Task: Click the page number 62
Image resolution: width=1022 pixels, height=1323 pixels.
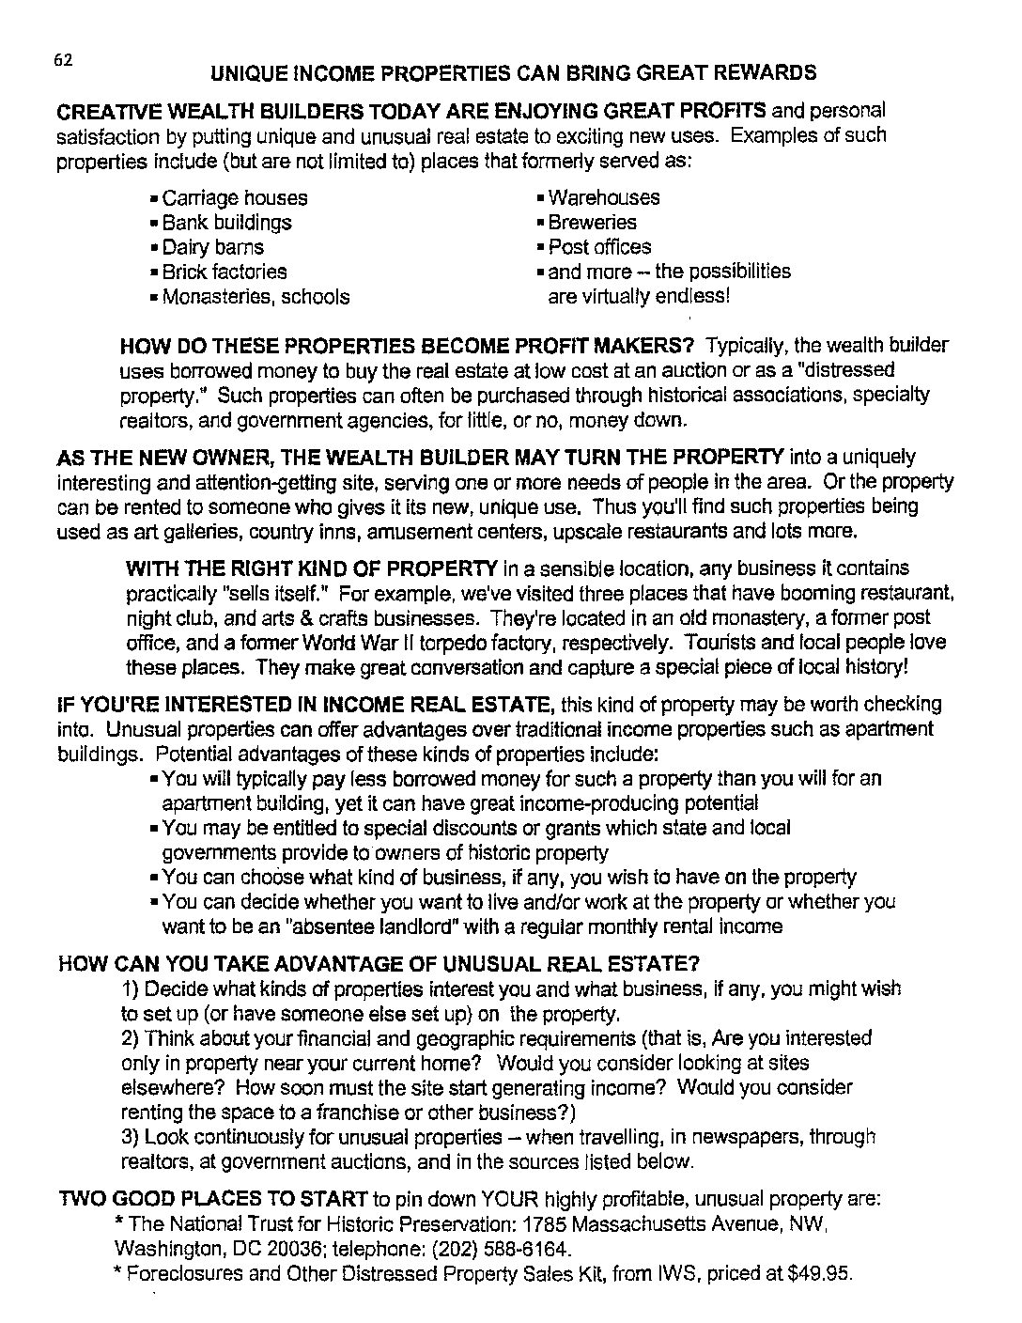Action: coord(63,60)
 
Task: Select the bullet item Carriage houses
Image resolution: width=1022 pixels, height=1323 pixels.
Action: coord(234,198)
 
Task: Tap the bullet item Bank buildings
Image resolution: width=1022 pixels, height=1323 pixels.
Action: coord(226,223)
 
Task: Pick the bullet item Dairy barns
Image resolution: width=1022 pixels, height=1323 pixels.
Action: coord(212,248)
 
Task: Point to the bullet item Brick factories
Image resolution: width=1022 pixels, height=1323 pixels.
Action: coord(224,272)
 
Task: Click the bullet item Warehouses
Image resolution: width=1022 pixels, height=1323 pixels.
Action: coord(603,198)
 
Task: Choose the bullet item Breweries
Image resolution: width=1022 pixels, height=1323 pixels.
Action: coord(592,223)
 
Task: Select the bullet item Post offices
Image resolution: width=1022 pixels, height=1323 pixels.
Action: coord(598,247)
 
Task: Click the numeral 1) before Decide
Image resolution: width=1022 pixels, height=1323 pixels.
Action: coord(131,989)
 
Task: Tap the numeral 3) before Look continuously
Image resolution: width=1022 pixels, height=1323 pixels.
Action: coord(131,1137)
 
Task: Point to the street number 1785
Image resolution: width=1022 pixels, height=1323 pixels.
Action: coord(544,1225)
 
